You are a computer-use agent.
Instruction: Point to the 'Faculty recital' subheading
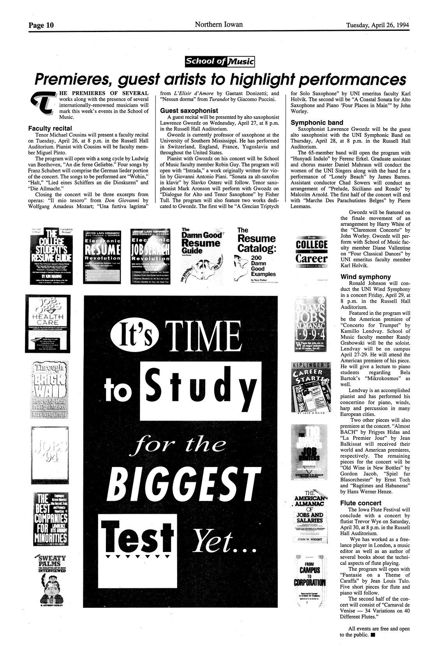[50, 128]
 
